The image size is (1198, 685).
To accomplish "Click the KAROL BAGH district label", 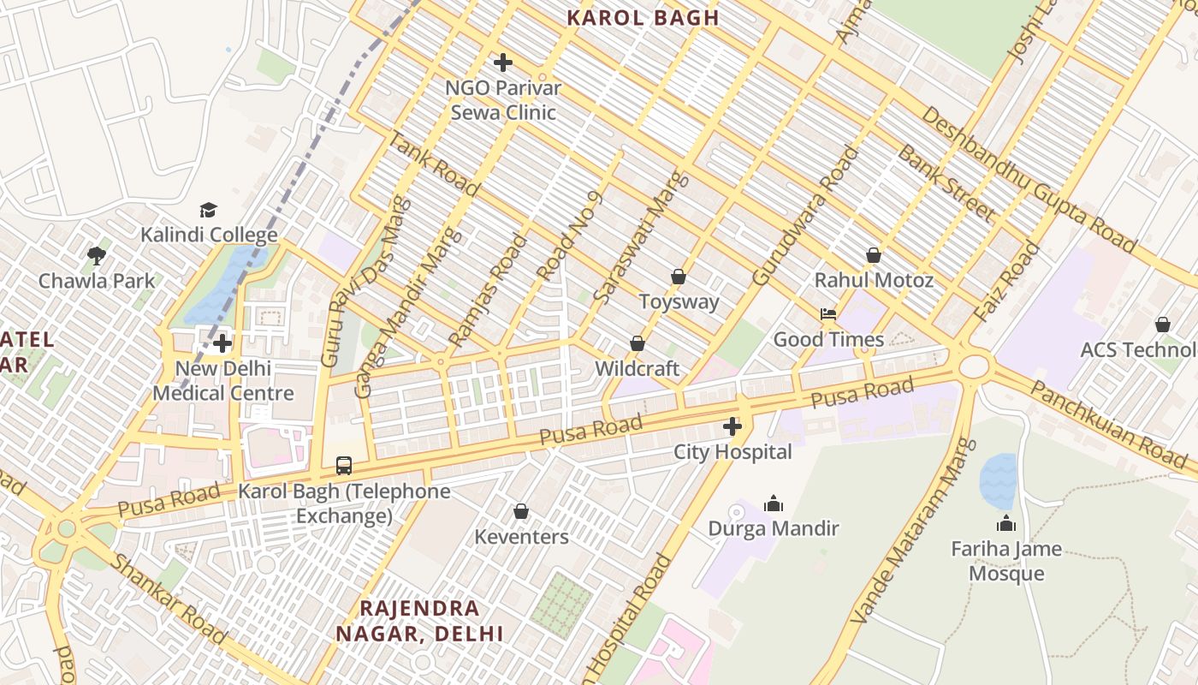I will point(643,18).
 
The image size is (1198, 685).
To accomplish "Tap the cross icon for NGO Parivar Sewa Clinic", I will point(503,63).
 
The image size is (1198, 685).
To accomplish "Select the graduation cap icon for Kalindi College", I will point(208,210).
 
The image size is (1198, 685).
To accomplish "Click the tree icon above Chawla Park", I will point(97,255).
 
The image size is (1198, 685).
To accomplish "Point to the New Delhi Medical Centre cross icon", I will point(222,343).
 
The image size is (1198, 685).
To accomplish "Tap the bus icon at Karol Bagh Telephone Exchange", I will point(343,466).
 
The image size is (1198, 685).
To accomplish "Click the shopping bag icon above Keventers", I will point(520,512).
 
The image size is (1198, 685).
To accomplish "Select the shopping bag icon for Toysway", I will point(679,277).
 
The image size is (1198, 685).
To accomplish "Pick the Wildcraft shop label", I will point(637,369).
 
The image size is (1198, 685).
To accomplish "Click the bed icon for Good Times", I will point(828,314).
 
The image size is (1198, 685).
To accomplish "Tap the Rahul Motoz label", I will point(874,280).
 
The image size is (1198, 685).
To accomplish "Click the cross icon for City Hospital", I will point(732,426).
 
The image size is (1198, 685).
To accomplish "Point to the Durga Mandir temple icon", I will point(774,503).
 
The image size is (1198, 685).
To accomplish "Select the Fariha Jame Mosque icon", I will point(1006,523).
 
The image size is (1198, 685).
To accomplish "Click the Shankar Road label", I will point(169,599).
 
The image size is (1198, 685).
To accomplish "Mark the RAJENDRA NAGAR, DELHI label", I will point(419,621).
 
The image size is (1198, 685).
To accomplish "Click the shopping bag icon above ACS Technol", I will point(1162,325).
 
